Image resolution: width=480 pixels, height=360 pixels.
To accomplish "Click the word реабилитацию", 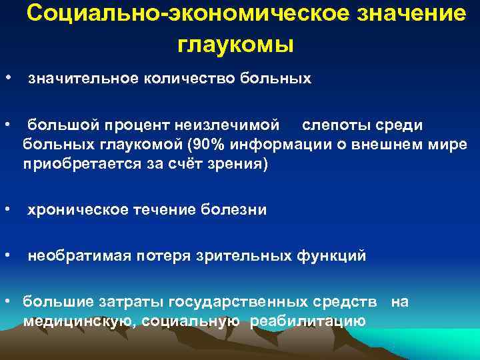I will [308, 321].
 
